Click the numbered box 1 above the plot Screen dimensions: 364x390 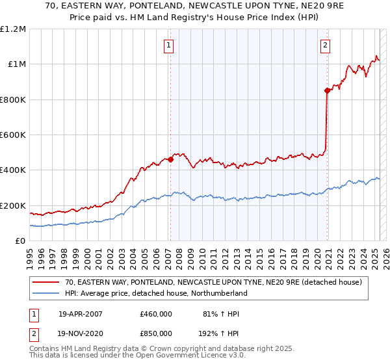[168, 45]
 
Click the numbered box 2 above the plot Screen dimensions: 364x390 [324, 45]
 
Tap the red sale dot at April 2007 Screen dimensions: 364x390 [170, 159]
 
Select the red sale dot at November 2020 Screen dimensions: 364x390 [327, 91]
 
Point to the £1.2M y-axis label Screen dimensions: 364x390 [13, 29]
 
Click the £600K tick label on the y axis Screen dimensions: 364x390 [13, 135]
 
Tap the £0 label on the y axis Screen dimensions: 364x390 [20, 240]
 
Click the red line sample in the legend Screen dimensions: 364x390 [46, 282]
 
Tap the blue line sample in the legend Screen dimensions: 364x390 [46, 293]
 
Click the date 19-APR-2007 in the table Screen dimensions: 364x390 [80, 314]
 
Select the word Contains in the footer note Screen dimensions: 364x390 [45, 348]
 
